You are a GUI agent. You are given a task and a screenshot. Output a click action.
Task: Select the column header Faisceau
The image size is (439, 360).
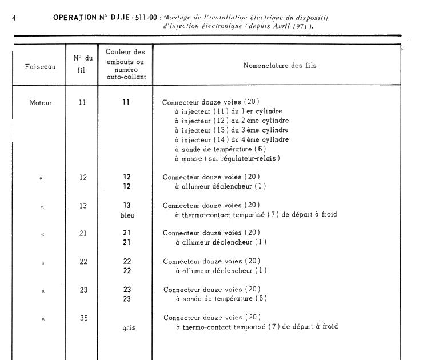[x=41, y=66]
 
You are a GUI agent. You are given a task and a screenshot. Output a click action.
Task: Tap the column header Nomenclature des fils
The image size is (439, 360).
[x=280, y=66]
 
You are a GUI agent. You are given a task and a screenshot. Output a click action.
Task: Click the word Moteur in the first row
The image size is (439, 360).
[x=41, y=103]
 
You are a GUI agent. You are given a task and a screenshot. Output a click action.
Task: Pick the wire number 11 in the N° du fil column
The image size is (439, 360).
[x=83, y=103]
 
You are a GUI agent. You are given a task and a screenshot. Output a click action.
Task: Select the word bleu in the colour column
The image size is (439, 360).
[x=128, y=215]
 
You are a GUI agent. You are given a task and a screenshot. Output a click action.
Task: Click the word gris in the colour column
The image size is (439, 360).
[x=129, y=328]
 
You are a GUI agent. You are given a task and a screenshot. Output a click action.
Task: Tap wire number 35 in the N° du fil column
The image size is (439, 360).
[x=83, y=318]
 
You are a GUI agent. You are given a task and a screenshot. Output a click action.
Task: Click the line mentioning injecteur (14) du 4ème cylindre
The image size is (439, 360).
[x=232, y=139]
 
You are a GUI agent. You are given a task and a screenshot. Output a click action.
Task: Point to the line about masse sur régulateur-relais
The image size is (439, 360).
[x=228, y=158]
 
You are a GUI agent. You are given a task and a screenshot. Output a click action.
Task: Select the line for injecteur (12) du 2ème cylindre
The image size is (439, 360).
[x=232, y=121]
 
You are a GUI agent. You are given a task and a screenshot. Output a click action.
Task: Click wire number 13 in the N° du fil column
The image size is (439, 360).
[x=83, y=206]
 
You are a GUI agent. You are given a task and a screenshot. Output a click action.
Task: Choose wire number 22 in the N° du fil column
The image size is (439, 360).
[x=83, y=262]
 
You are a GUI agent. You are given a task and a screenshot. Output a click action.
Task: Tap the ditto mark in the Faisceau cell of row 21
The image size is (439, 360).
[x=42, y=234]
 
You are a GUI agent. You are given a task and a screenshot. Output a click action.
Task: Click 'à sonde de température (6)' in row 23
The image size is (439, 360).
[x=221, y=299]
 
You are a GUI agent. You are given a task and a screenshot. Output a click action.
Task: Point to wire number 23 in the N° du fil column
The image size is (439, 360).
[x=83, y=290]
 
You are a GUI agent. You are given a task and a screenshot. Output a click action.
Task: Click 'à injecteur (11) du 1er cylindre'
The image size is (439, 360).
[x=229, y=112]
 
